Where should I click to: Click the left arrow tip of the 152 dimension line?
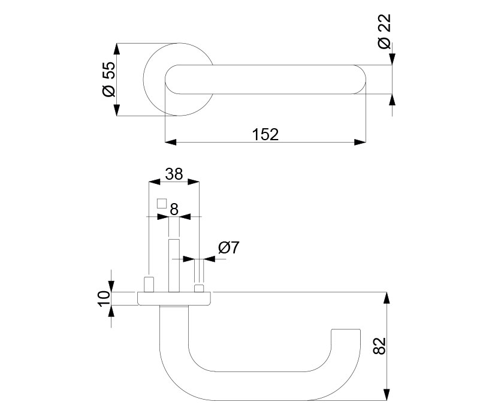(x=165, y=142)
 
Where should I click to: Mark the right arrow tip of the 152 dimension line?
(x=366, y=142)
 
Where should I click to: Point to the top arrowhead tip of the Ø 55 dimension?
(x=117, y=43)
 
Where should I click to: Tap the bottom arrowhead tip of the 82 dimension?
(x=387, y=400)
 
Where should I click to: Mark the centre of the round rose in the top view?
(x=179, y=79)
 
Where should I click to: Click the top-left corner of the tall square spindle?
(x=169, y=240)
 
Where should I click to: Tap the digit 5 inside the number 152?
(x=265, y=134)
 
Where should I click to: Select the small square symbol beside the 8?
(x=162, y=203)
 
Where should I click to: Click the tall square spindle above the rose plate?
(x=174, y=265)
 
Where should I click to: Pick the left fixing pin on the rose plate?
(x=149, y=284)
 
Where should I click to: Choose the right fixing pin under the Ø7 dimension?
(x=200, y=288)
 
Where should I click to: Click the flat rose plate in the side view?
(x=174, y=298)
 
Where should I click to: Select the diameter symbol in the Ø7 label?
(x=224, y=248)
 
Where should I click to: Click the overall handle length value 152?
(x=265, y=134)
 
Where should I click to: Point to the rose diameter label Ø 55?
(x=109, y=79)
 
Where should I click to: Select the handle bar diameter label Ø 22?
(x=384, y=32)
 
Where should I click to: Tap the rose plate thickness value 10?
(x=105, y=298)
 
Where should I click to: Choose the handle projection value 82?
(x=379, y=346)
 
